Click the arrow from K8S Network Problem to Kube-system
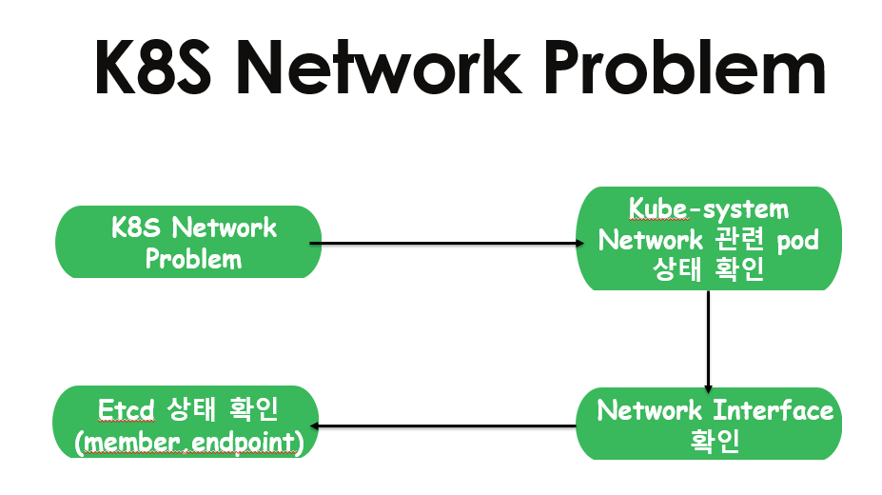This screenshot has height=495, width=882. (447, 244)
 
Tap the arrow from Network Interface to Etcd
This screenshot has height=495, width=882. (447, 426)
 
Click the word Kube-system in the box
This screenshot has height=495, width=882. (710, 208)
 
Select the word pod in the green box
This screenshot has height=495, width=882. (797, 239)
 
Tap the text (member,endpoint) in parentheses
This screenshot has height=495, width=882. (186, 442)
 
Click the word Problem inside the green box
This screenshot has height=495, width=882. (193, 259)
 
